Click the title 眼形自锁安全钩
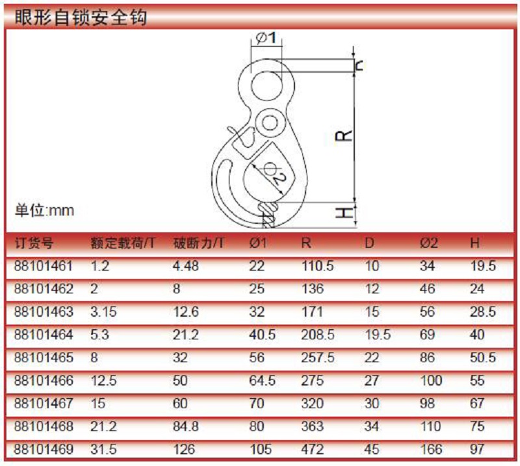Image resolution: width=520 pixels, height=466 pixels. point(81,17)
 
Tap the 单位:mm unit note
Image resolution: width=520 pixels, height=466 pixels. point(44,210)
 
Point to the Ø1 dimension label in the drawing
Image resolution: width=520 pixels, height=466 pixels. point(266,38)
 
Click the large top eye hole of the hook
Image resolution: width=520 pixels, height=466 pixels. point(266,86)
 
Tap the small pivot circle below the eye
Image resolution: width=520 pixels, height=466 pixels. point(270,123)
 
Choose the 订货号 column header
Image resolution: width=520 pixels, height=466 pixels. point(34,243)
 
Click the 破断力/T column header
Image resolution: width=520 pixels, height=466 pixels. point(198,243)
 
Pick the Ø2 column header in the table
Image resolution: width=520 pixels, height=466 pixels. point(429,243)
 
